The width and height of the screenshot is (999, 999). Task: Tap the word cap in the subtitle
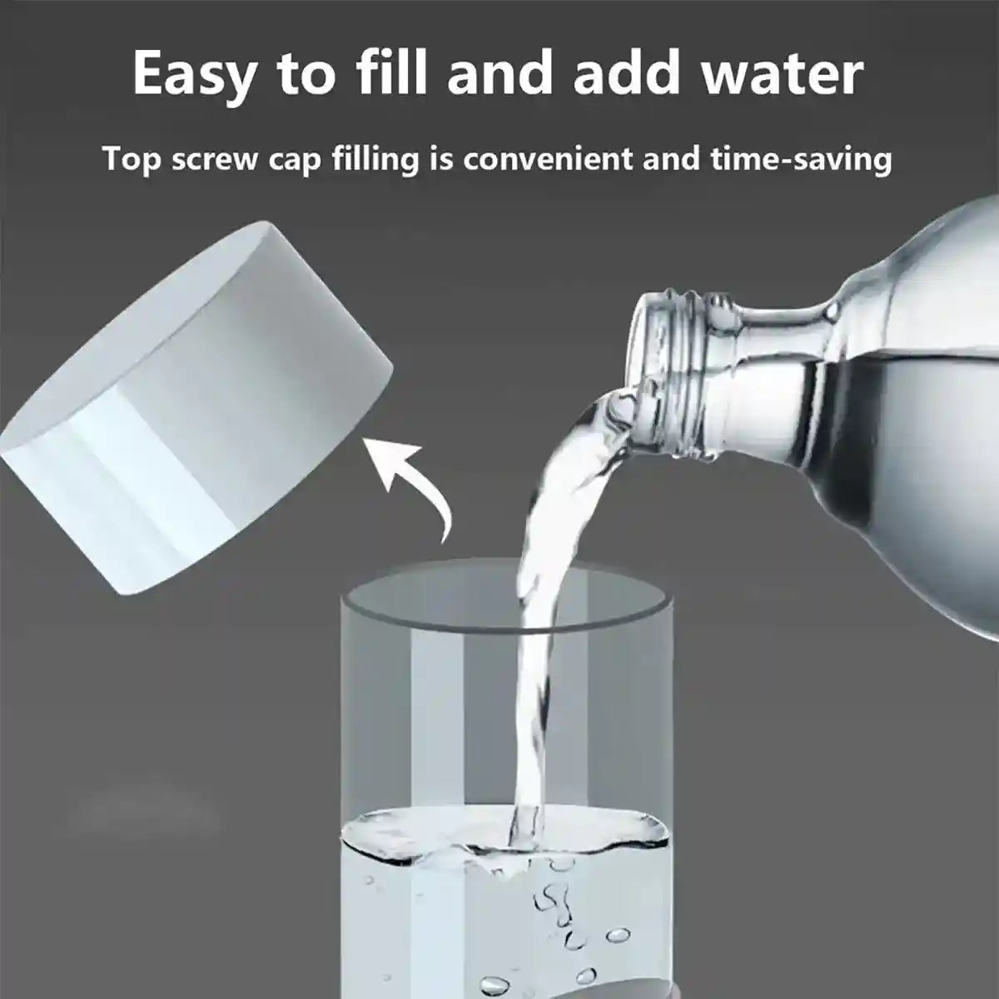296,159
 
